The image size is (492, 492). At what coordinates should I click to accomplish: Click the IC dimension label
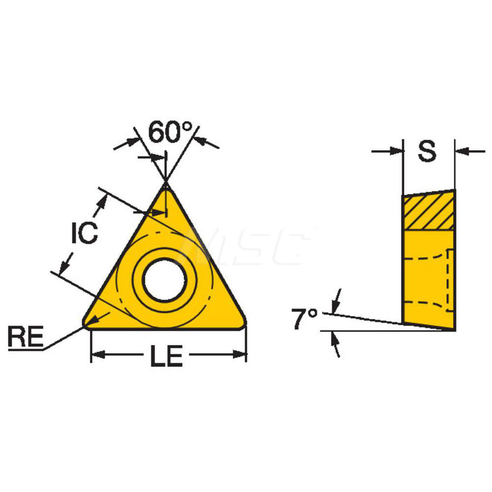click(x=84, y=233)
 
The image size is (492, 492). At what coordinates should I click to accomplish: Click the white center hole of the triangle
click(x=164, y=281)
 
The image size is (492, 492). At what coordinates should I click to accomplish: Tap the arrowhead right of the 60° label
click(x=199, y=141)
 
